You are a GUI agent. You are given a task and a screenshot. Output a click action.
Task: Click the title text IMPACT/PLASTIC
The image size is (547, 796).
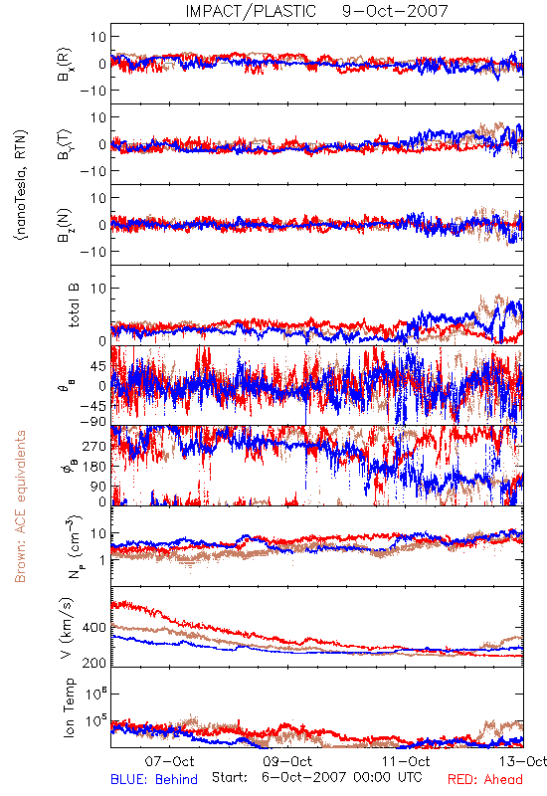click(251, 11)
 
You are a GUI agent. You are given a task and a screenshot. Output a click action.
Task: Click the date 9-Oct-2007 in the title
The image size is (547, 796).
click(395, 11)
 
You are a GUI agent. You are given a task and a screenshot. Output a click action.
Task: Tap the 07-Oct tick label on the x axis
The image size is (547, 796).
click(169, 761)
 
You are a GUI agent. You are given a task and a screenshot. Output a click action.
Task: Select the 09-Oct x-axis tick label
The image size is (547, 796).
click(287, 761)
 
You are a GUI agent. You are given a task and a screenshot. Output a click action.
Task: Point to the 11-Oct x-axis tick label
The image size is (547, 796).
click(406, 761)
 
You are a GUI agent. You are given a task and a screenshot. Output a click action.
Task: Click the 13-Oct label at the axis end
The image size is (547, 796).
click(524, 761)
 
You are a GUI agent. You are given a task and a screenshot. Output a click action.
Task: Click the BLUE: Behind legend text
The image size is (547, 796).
click(154, 779)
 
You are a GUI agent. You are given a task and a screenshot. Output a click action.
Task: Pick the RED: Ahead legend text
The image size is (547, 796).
click(485, 779)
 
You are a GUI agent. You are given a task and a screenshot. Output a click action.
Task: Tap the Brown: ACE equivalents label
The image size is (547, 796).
click(20, 506)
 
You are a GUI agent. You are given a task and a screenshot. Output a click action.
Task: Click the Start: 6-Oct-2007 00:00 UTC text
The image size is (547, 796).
click(316, 777)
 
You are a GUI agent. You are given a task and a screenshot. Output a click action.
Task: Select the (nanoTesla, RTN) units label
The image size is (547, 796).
click(21, 185)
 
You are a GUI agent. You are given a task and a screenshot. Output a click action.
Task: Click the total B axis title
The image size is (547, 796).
click(74, 305)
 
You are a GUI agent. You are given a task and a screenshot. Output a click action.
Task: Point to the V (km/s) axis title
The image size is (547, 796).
click(67, 628)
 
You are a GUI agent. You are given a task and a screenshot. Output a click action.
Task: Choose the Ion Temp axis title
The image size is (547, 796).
click(69, 707)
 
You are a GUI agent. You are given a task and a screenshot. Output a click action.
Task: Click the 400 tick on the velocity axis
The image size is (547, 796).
click(94, 628)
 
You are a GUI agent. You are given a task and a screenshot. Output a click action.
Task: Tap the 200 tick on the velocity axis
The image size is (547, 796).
click(94, 663)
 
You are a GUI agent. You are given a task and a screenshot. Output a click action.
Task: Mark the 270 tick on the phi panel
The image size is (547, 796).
click(94, 446)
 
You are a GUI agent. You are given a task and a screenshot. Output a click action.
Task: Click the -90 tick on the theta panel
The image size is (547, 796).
click(93, 421)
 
